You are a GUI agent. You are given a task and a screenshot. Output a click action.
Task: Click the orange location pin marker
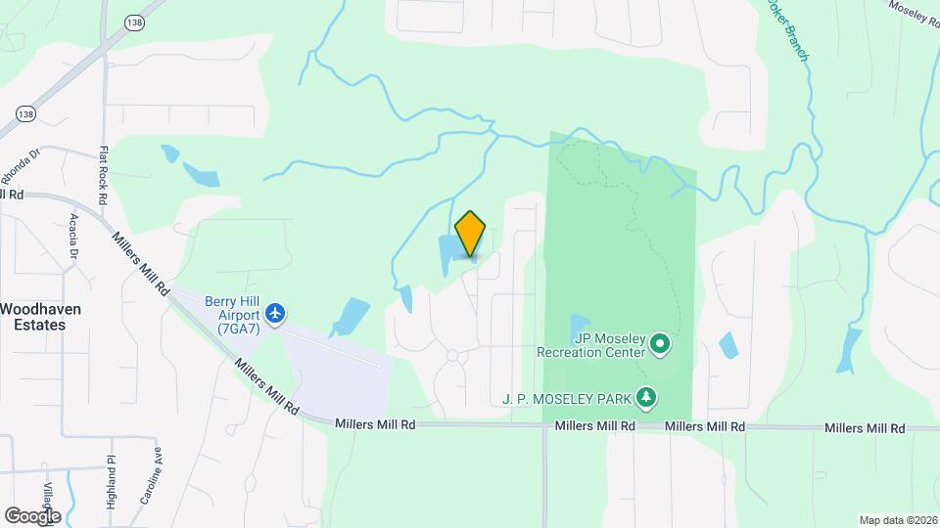click(471, 233)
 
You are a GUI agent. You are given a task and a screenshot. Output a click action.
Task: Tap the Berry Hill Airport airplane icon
click(276, 313)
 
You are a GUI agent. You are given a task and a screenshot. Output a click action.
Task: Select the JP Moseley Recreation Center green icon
click(660, 343)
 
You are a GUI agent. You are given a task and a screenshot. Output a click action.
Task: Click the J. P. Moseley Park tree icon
click(645, 397)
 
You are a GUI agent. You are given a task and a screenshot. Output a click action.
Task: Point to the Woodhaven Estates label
click(40, 316)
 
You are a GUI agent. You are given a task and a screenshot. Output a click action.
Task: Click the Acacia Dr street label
click(73, 241)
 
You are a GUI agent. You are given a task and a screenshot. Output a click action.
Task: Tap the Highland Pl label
click(111, 478)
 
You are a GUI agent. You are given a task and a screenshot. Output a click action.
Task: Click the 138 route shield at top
click(134, 21)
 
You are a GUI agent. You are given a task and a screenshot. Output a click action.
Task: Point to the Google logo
click(32, 515)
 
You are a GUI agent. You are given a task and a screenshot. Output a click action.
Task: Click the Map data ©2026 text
click(898, 519)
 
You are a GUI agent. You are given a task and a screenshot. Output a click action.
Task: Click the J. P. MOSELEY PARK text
click(565, 398)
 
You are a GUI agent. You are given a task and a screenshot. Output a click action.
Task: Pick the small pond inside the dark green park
click(580, 326)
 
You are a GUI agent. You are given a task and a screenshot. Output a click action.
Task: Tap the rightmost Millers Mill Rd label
click(865, 428)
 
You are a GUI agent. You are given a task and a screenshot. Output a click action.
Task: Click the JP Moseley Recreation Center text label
click(591, 344)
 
